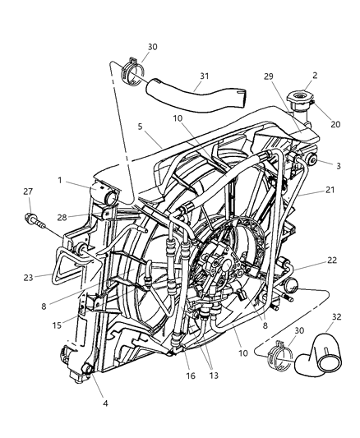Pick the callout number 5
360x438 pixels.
coord(142,127)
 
